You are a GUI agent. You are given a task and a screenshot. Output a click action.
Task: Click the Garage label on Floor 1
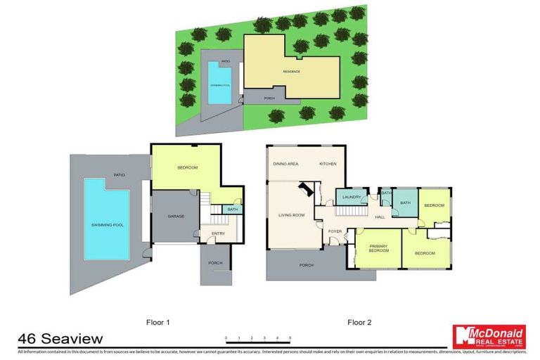pyautogui.click(x=176, y=216)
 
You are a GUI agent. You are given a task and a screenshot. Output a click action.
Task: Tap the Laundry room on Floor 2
pyautogui.click(x=352, y=198)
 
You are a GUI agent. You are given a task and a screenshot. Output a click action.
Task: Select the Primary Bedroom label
pyautogui.click(x=378, y=248)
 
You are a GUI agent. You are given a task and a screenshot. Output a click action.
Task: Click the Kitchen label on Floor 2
pyautogui.click(x=328, y=163)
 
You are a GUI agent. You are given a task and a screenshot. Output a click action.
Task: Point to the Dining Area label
pyautogui.click(x=286, y=163)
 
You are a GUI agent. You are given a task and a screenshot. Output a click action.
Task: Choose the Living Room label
pyautogui.click(x=291, y=215)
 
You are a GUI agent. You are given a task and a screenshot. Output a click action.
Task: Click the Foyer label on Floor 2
pyautogui.click(x=335, y=231)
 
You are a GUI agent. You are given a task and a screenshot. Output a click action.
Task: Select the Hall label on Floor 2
pyautogui.click(x=380, y=217)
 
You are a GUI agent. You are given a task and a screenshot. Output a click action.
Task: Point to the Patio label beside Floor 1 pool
pyautogui.click(x=120, y=174)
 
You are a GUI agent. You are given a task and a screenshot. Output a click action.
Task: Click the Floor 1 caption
pyautogui.click(x=158, y=323)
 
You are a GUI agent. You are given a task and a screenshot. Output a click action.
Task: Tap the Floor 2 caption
pyautogui.click(x=360, y=323)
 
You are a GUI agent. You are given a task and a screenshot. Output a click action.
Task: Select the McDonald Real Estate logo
pyautogui.click(x=489, y=337)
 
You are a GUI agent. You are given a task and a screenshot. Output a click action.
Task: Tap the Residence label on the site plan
pyautogui.click(x=291, y=72)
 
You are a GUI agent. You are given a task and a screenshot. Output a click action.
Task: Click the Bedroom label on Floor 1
pyautogui.click(x=186, y=167)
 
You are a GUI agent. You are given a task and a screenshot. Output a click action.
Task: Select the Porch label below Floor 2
pyautogui.click(x=307, y=265)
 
